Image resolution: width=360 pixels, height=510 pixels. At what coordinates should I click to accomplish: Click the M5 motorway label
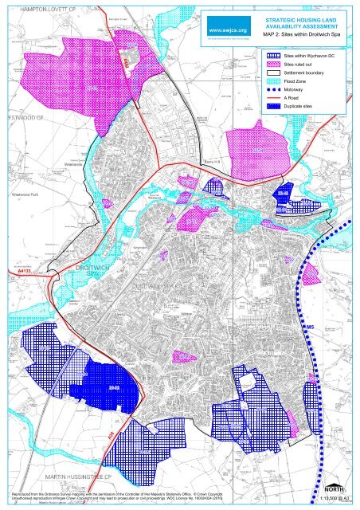point(311,328)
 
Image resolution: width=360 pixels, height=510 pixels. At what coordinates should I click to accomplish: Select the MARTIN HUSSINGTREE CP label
point(88,476)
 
